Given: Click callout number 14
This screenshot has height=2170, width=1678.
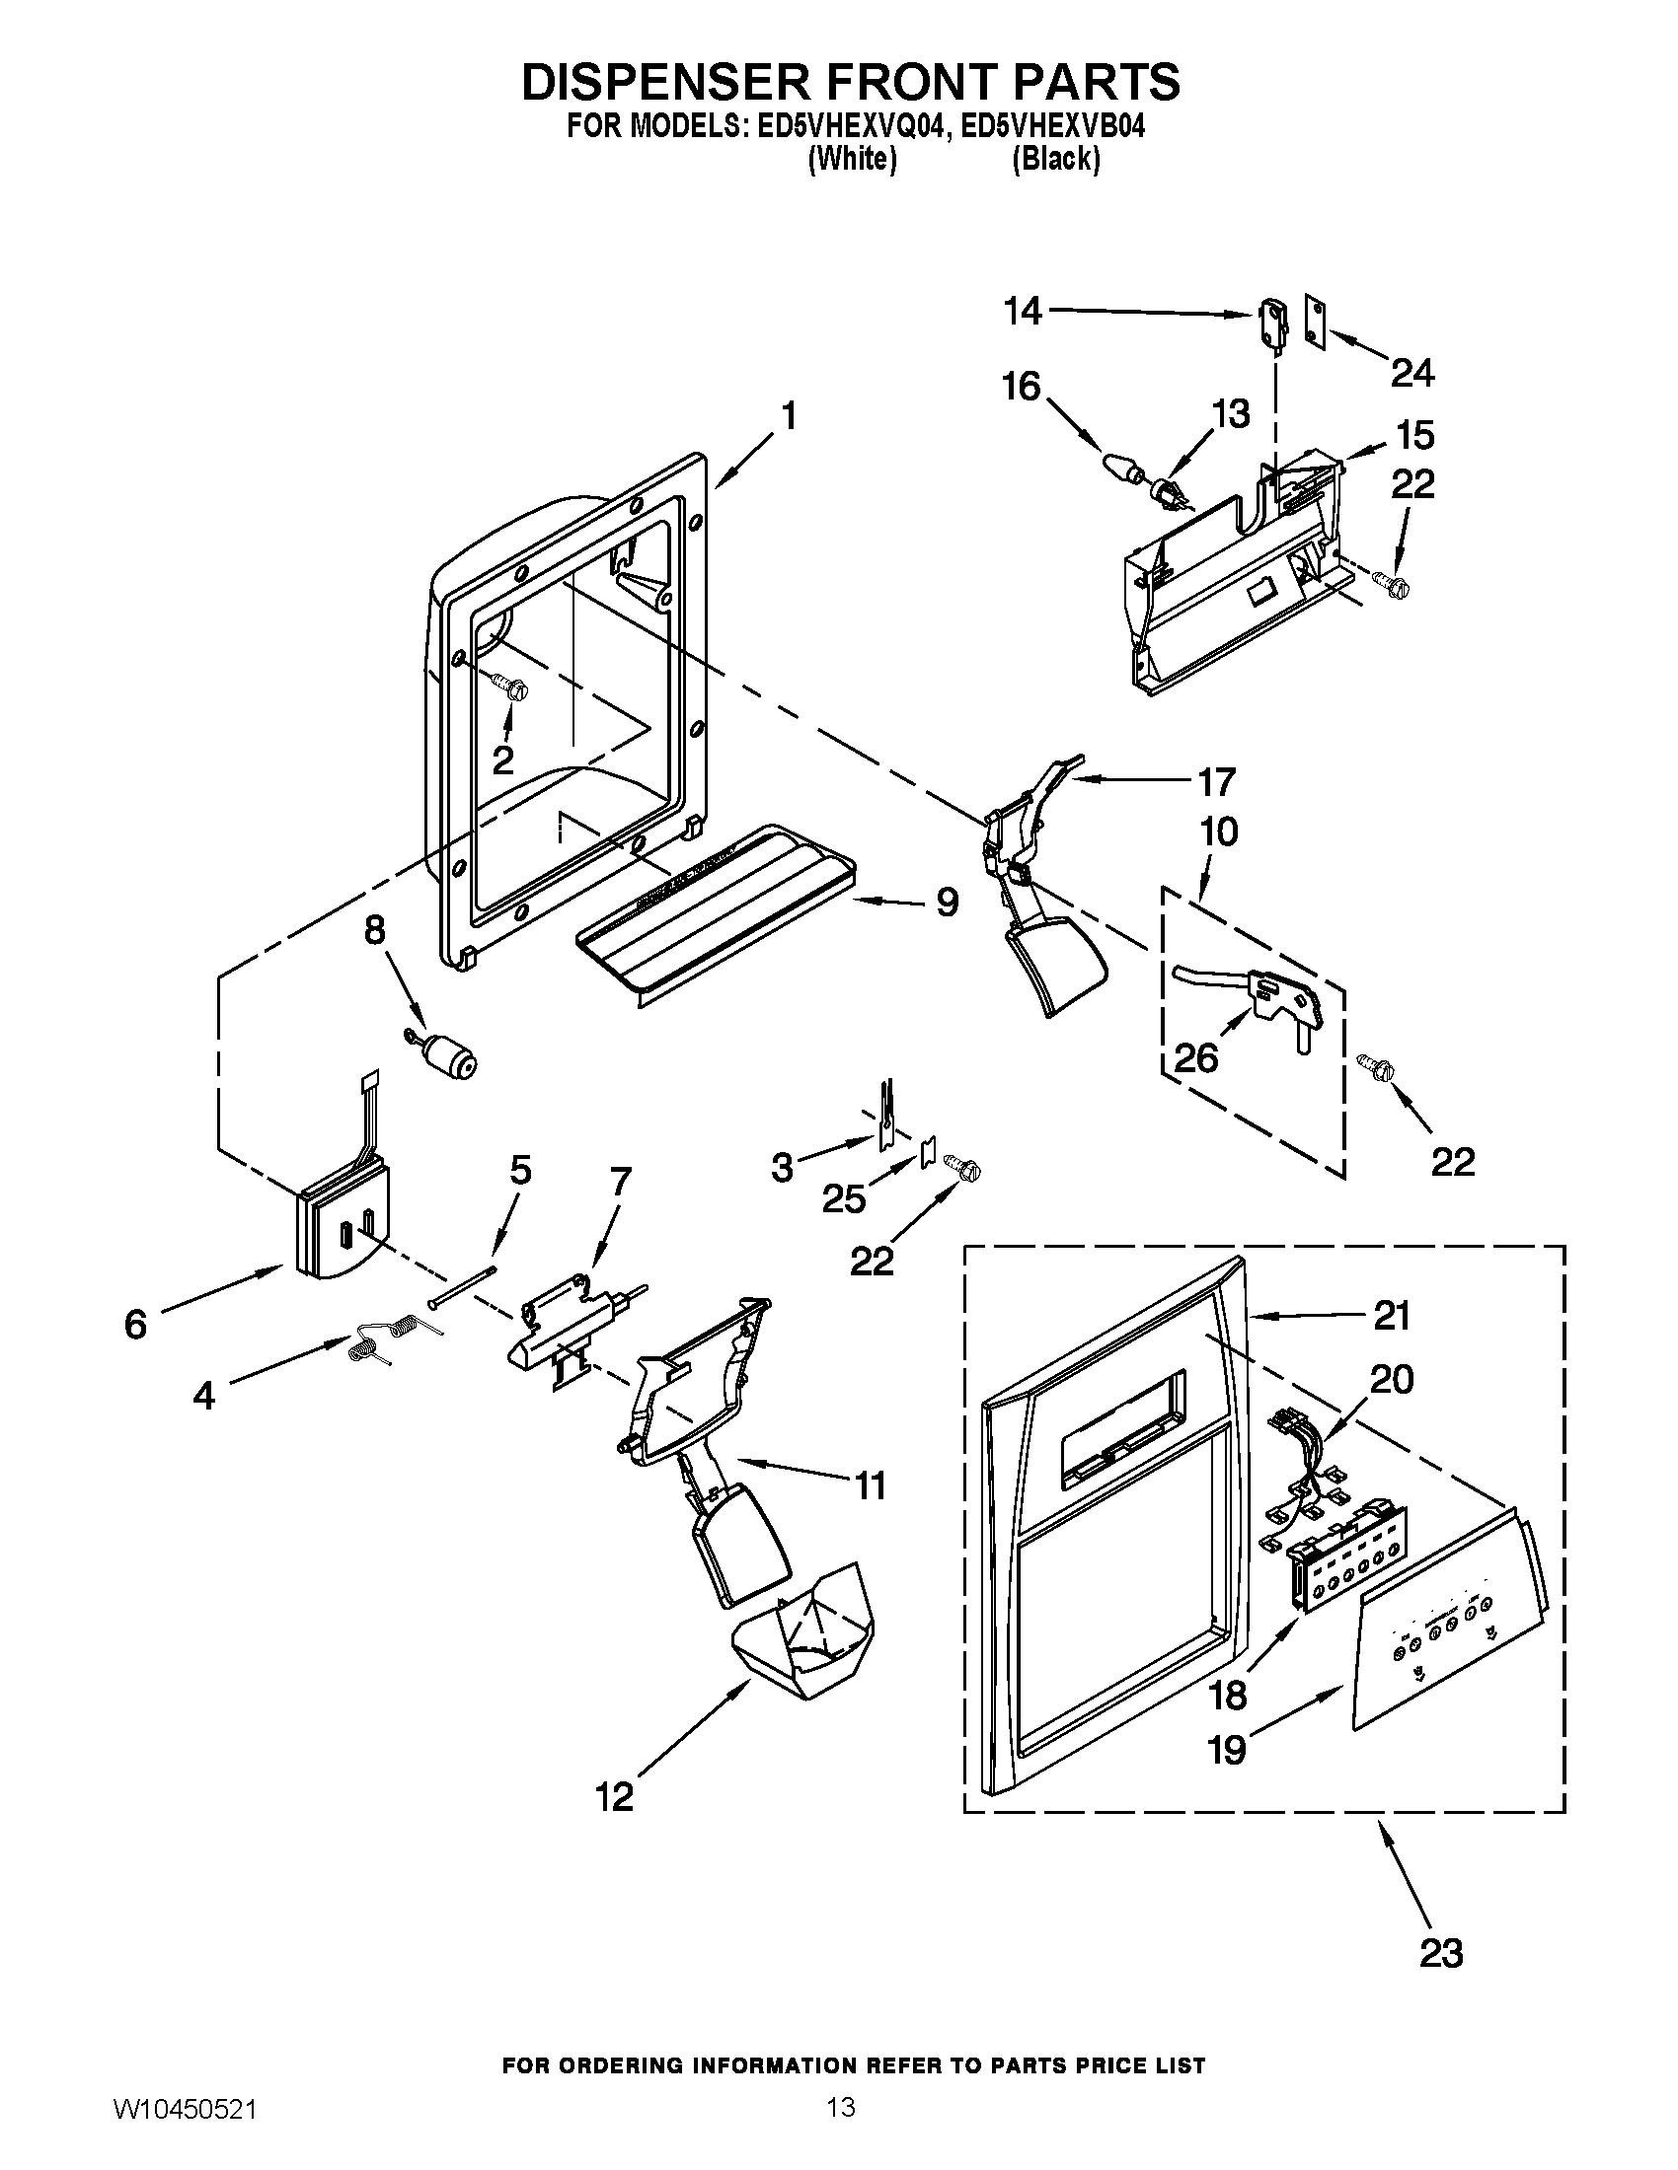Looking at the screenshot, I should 1022,312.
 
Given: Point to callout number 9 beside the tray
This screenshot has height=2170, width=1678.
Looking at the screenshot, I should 946,903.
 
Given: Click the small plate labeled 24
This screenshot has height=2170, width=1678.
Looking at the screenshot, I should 1316,323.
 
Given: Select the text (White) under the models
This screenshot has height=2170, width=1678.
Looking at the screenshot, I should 852,159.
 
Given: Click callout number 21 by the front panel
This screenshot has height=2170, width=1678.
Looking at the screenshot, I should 1391,1317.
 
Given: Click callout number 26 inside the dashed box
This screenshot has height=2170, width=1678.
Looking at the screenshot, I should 1195,1058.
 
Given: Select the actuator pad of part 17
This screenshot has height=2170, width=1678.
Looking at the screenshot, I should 1058,960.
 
